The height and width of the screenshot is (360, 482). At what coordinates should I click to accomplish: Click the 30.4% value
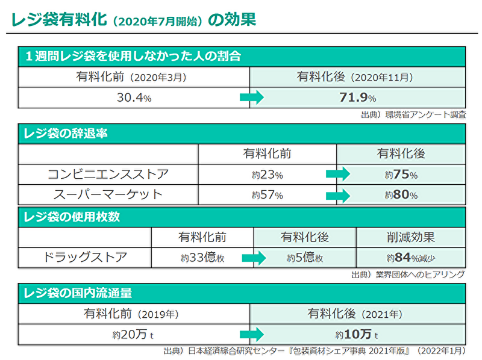pyautogui.click(x=134, y=98)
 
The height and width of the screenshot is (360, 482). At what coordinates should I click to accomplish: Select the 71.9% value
pyautogui.click(x=357, y=98)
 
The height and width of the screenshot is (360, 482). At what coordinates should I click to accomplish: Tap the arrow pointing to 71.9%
pyautogui.click(x=252, y=98)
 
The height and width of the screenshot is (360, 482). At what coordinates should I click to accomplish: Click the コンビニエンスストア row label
pyautogui.click(x=108, y=175)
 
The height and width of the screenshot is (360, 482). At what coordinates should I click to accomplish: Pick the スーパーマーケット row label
pyautogui.click(x=108, y=194)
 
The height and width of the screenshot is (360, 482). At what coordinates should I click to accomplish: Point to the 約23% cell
pyautogui.click(x=267, y=175)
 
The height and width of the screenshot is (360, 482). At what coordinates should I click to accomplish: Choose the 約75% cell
pyautogui.click(x=401, y=175)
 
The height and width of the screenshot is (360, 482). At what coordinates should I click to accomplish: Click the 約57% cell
pyautogui.click(x=267, y=195)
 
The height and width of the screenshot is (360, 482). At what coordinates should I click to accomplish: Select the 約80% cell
pyautogui.click(x=401, y=195)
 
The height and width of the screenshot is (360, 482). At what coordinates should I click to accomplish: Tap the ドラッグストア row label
pyautogui.click(x=85, y=257)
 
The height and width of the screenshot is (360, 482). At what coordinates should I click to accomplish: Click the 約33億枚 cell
pyautogui.click(x=202, y=258)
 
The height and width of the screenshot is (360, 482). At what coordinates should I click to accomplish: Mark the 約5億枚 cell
pyautogui.click(x=305, y=258)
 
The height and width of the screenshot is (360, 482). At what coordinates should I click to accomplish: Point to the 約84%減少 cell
pyautogui.click(x=410, y=258)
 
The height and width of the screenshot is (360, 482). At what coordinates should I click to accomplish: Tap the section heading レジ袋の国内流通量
pyautogui.click(x=78, y=294)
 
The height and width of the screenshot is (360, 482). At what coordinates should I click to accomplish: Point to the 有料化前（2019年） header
pyautogui.click(x=134, y=314)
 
